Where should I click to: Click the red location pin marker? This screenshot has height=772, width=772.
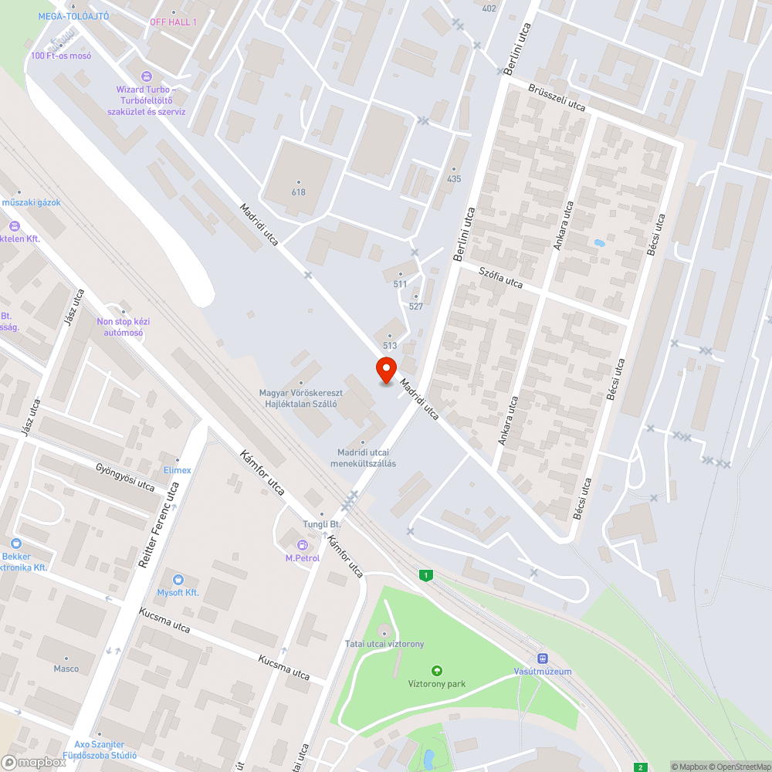385,370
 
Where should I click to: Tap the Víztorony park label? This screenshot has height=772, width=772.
437,683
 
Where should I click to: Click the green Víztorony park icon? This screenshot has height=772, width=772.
437,671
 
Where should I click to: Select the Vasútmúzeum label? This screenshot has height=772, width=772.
543,672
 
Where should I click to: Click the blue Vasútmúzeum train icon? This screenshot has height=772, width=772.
543,659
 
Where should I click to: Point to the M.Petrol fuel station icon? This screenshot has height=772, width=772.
302,546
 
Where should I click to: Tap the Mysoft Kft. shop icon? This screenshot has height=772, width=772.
178,580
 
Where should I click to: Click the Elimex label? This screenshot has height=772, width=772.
177,470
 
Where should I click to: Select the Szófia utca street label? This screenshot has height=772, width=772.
500,278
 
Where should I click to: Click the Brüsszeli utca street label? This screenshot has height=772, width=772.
557,98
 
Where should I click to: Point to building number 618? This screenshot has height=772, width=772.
299,192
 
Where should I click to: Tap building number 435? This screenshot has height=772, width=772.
453,179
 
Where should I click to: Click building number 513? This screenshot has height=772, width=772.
390,346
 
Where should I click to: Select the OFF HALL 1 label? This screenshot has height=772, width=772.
173,22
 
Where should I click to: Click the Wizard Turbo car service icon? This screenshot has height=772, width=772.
146,76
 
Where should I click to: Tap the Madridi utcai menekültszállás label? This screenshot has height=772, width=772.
363,458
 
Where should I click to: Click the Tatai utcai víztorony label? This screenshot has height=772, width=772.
384,644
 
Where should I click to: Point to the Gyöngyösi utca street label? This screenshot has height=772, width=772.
124,478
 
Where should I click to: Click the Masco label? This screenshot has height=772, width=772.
66,669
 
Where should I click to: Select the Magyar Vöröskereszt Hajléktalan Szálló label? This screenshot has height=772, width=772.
301,398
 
